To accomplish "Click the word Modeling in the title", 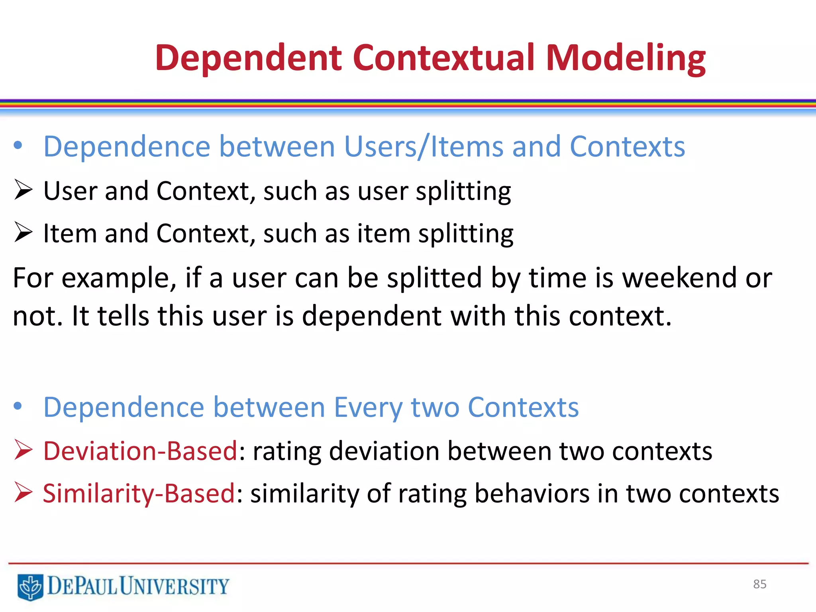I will (x=626, y=59).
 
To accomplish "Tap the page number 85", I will (x=759, y=584).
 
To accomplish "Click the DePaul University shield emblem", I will (x=30, y=586).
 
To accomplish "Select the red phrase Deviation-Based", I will (x=140, y=451).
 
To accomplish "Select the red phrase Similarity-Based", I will (x=139, y=494).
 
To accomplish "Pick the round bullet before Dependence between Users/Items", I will (x=18, y=145).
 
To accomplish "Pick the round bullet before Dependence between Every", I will (x=18, y=406).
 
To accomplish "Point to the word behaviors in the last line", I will (x=532, y=494).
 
